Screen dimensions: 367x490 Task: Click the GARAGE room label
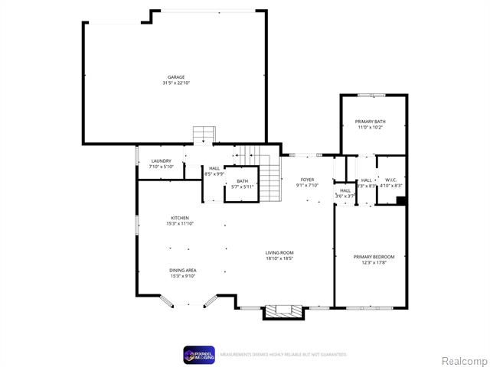pos(176,77)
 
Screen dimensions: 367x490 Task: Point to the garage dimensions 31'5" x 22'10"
pos(176,83)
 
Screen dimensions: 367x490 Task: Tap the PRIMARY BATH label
pos(369,122)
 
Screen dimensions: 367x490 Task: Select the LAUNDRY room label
pos(161,161)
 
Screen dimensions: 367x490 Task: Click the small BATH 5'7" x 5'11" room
pos(242,183)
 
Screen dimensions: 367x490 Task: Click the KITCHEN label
pos(180,218)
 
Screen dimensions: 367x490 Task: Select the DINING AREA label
pos(183,271)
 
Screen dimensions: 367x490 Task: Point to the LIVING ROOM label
pos(279,252)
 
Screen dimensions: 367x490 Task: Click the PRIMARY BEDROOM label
pos(374,256)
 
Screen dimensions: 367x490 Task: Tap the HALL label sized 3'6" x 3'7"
pos(345,191)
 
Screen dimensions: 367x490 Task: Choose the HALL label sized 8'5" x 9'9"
pos(214,168)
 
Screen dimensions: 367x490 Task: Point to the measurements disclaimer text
pos(283,355)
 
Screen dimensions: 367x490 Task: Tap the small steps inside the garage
pos(201,135)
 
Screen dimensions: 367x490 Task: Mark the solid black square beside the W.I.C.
pos(400,201)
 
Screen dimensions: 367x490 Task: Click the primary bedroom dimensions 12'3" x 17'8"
pos(374,261)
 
